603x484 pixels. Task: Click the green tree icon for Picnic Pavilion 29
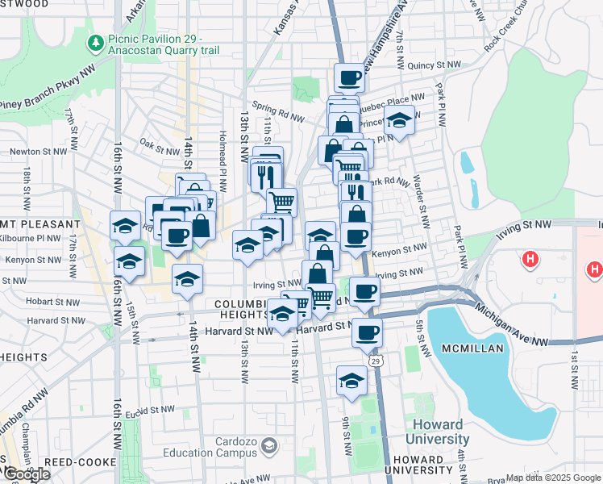point(96,41)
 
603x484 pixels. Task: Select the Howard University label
point(438,432)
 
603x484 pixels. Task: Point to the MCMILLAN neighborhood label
point(472,348)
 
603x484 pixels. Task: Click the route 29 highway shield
point(376,362)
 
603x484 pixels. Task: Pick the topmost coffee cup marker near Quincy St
point(349,78)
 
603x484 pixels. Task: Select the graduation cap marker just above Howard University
point(351,380)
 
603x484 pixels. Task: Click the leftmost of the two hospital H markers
point(530,260)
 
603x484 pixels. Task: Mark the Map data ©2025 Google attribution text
point(553,478)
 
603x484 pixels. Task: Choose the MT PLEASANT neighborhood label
point(40,223)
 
